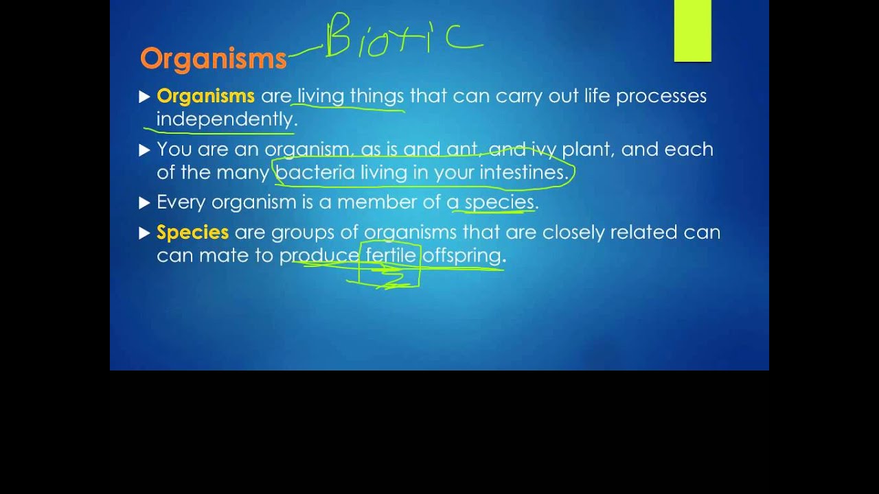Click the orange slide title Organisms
[213, 59]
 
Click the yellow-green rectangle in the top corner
[692, 31]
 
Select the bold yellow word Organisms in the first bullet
[205, 96]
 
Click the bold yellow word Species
[192, 233]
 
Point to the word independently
[225, 119]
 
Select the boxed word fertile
[391, 256]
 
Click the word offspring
[461, 256]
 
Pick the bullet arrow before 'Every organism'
[144, 202]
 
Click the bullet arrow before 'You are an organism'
[144, 150]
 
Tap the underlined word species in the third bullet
[499, 202]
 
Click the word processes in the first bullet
[661, 96]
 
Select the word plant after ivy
[588, 149]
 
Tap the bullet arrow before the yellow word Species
[144, 233]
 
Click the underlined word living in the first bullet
[320, 96]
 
